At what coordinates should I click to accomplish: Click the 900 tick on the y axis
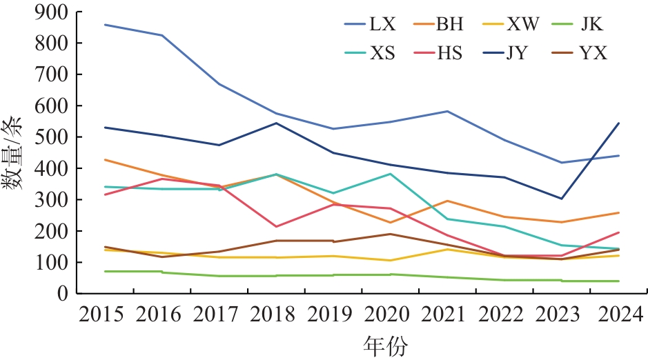pos(54,12)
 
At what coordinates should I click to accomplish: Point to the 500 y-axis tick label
pos(54,137)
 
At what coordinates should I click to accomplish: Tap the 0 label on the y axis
pos(63,294)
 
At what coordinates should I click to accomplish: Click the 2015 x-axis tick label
pos(102,316)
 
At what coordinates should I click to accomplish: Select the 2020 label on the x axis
pos(390,316)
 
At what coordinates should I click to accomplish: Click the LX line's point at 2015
pos(104,25)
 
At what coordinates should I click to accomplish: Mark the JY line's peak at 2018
pos(276,123)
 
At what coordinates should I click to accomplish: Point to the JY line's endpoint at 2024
pos(619,123)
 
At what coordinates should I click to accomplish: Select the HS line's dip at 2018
pos(276,226)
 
